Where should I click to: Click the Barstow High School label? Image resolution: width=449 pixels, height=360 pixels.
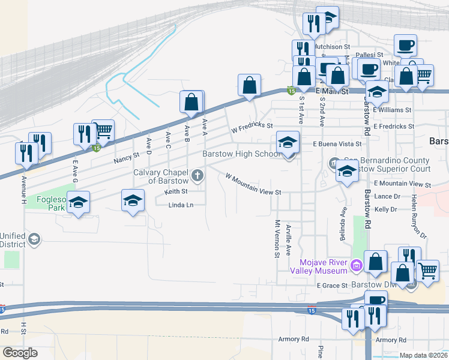click(x=240, y=154)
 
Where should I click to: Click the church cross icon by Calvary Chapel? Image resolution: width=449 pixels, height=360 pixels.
click(x=197, y=176)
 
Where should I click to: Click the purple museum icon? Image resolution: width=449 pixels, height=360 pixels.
click(x=357, y=265)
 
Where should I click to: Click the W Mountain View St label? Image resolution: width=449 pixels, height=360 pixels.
click(x=253, y=184)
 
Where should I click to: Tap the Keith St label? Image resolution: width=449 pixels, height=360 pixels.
click(x=176, y=192)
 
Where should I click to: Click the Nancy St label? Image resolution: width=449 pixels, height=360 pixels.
click(x=126, y=158)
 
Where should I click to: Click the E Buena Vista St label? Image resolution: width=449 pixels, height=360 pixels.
click(x=337, y=144)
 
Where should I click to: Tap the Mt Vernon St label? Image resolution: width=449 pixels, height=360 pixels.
click(x=277, y=238)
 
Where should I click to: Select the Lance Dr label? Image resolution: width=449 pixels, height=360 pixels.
click(x=387, y=196)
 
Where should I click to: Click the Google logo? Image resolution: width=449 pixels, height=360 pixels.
click(x=20, y=352)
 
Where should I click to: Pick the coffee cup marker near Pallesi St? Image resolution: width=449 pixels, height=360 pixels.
click(x=405, y=46)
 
